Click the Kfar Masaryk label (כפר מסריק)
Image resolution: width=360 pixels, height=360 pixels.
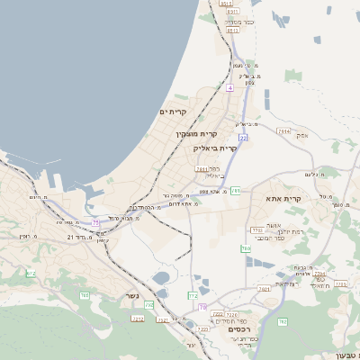click(x=240, y=21)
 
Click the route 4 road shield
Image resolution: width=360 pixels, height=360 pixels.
click(x=229, y=88)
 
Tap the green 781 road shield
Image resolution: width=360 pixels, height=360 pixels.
click(x=235, y=191)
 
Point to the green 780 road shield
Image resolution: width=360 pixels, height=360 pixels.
click(x=246, y=247)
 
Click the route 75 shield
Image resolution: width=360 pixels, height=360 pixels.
click(x=96, y=221)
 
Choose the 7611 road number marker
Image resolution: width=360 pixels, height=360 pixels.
click(x=201, y=168)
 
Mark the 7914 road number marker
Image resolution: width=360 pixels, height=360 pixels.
click(x=283, y=130)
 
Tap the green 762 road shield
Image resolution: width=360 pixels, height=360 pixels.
click(x=283, y=320)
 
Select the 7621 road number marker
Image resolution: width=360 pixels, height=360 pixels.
click(x=264, y=289)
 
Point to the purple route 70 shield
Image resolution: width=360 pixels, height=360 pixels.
click(x=202, y=307)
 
